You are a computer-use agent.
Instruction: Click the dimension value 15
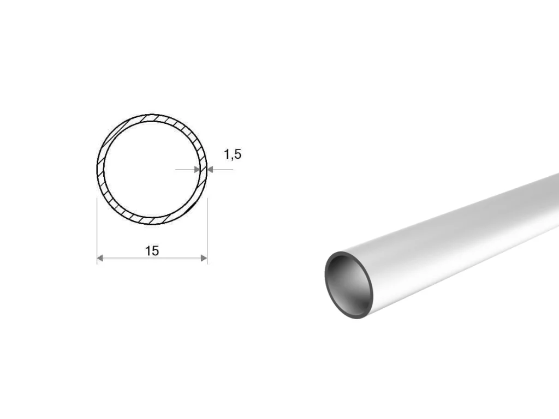point(152,251)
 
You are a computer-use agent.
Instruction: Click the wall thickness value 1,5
point(233,154)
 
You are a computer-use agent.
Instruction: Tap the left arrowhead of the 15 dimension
point(100,258)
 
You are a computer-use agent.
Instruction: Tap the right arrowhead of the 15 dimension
point(204,258)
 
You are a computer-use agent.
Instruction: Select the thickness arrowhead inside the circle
point(197,170)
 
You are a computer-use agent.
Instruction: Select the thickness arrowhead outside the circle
point(210,170)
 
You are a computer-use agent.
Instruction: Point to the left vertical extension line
point(97,231)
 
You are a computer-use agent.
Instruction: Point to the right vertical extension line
point(207,231)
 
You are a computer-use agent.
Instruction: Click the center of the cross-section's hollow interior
point(152,170)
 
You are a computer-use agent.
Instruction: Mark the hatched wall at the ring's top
point(152,118)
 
